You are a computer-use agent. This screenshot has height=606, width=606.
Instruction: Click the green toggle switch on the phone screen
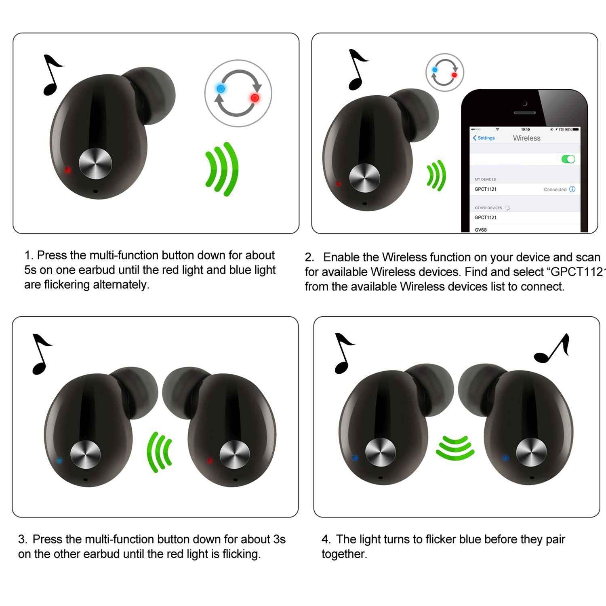pyautogui.click(x=568, y=159)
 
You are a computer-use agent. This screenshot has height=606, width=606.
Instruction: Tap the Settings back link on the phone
pyautogui.click(x=484, y=138)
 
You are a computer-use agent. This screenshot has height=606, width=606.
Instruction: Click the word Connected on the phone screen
pyautogui.click(x=555, y=189)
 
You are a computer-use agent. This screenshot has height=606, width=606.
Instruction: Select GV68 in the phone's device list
pyautogui.click(x=481, y=230)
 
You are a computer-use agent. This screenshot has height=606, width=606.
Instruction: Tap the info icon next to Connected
pyautogui.click(x=572, y=189)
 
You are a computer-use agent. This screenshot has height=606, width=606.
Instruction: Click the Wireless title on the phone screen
pyautogui.click(x=526, y=138)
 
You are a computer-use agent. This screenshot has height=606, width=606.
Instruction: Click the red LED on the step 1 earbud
pyautogui.click(x=67, y=170)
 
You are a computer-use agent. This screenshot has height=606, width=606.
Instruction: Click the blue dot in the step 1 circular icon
pyautogui.click(x=221, y=88)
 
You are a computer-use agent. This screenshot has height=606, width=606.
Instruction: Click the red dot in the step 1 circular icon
pyautogui.click(x=255, y=98)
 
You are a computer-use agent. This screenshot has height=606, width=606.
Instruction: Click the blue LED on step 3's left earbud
pyautogui.click(x=59, y=460)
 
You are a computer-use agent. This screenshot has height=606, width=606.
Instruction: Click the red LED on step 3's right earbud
pyautogui.click(x=209, y=460)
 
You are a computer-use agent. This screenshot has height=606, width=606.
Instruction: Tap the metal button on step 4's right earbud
pyautogui.click(x=531, y=452)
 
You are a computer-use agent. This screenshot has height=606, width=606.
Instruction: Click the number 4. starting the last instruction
pyautogui.click(x=326, y=539)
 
